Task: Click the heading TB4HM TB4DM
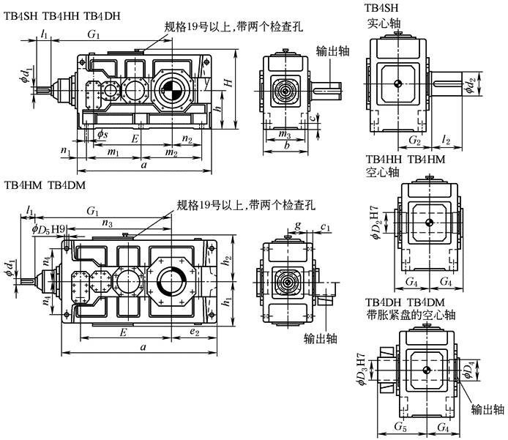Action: [x=45, y=186]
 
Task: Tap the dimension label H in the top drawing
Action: [x=229, y=86]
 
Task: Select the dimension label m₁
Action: [x=114, y=152]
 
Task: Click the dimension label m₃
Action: [x=285, y=135]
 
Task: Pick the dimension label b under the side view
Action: [x=288, y=146]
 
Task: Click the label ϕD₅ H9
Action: [x=51, y=228]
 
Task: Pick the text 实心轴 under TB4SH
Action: [x=384, y=23]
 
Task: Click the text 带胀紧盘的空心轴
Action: [x=409, y=316]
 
